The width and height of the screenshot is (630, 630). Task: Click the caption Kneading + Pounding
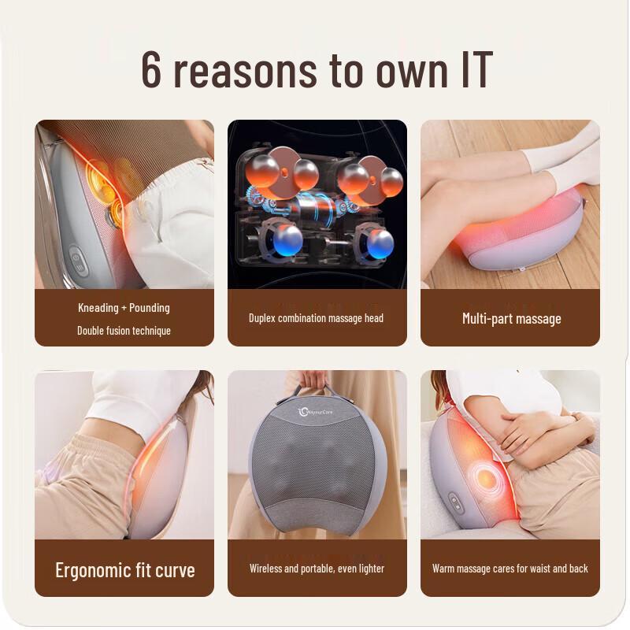(x=124, y=307)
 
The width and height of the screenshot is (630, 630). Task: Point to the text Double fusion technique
(x=124, y=331)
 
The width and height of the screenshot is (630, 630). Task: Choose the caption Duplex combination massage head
(x=317, y=318)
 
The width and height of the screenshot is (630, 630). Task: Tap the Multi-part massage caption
(x=511, y=319)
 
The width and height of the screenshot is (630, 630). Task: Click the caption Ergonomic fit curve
(x=124, y=570)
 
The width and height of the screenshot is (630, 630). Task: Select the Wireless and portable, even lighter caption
(x=317, y=568)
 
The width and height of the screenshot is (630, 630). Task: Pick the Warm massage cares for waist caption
(x=510, y=568)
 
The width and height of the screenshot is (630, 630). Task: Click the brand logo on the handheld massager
(x=317, y=411)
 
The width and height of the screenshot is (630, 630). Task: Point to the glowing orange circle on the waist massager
(x=484, y=479)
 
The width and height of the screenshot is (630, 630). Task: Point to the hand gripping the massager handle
(x=314, y=379)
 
